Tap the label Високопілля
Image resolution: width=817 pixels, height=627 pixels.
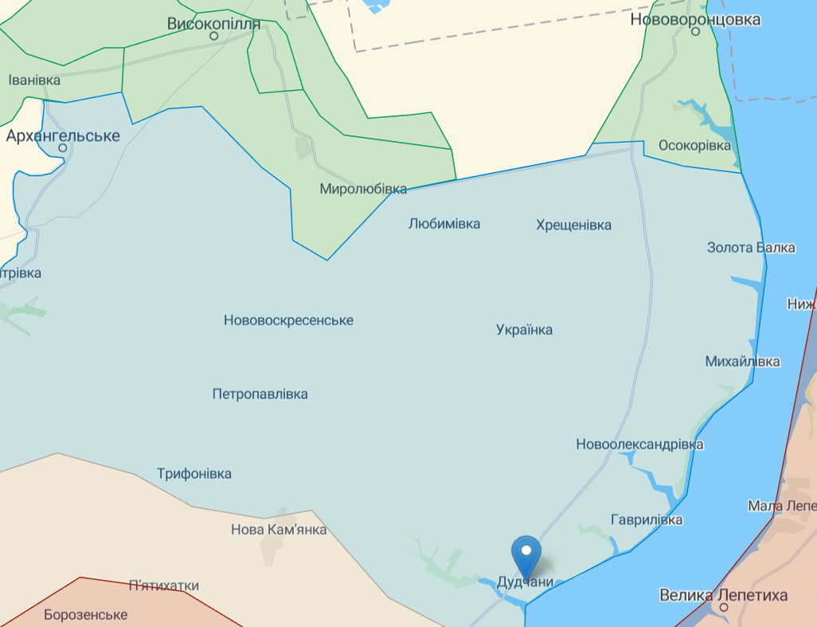pyautogui.click(x=213, y=23)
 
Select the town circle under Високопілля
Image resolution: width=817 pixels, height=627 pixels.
pyautogui.click(x=213, y=37)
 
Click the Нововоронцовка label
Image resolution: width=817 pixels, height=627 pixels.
pyautogui.click(x=694, y=20)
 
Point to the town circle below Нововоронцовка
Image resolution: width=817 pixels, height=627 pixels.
pyautogui.click(x=695, y=33)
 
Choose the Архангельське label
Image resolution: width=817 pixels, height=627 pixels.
pyautogui.click(x=63, y=135)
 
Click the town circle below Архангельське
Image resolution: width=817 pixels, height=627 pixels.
pyautogui.click(x=63, y=148)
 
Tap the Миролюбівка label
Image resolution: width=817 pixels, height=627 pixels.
pyautogui.click(x=363, y=189)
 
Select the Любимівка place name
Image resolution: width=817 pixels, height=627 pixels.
pyautogui.click(x=444, y=224)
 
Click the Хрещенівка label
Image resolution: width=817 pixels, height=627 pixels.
pyautogui.click(x=573, y=225)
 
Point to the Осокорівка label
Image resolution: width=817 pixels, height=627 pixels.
pyautogui.click(x=694, y=146)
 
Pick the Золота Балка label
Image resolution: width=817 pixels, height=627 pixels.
pyautogui.click(x=751, y=248)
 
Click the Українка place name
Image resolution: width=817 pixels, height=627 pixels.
pyautogui.click(x=524, y=330)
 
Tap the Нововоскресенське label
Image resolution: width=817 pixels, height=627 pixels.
pyautogui.click(x=288, y=320)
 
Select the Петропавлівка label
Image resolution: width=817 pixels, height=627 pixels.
pyautogui.click(x=260, y=394)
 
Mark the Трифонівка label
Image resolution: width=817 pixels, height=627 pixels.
pyautogui.click(x=194, y=474)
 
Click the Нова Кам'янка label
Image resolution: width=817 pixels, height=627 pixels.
pyautogui.click(x=278, y=530)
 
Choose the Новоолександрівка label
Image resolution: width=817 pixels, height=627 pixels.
pyautogui.click(x=639, y=445)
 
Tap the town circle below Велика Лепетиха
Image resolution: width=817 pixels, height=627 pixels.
pyautogui.click(x=724, y=608)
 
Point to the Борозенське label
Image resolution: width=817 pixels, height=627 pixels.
pyautogui.click(x=86, y=615)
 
